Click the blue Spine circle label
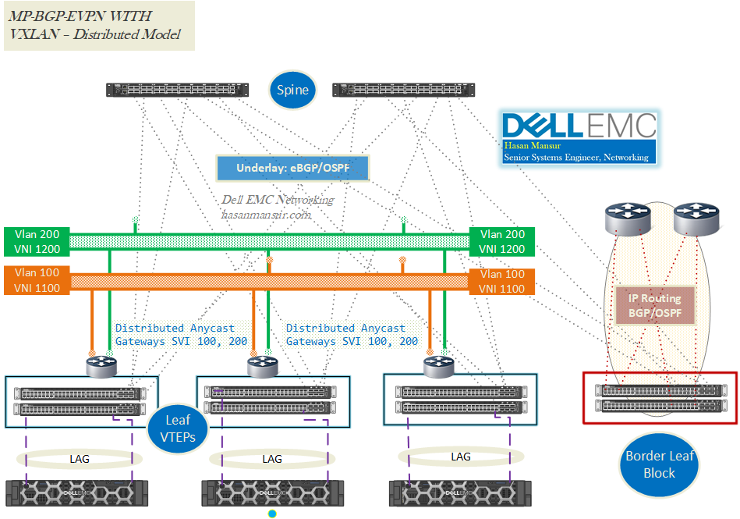tap(292, 90)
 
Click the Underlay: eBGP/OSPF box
tap(292, 168)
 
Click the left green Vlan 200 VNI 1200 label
tap(36, 241)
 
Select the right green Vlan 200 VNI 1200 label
tap(501, 241)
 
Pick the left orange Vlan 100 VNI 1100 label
tap(36, 281)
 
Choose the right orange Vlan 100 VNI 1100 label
tap(501, 281)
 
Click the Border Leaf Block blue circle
tap(659, 464)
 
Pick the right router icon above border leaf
tap(696, 219)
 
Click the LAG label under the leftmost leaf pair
tap(80, 458)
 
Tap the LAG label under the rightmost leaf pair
tap(461, 456)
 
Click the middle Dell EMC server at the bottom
tap(271, 491)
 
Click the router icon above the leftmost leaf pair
tap(101, 365)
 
